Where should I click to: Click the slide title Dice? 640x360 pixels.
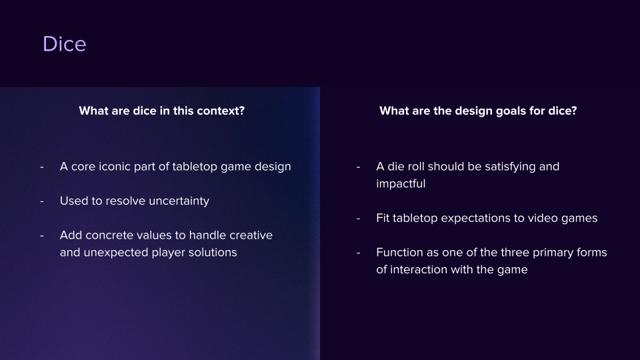(64, 44)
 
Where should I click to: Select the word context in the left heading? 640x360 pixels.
(219, 111)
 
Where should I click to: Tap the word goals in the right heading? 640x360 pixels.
(508, 111)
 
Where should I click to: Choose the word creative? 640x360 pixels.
(250, 235)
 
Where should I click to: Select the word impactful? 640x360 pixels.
(400, 184)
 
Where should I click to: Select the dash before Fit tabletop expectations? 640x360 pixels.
(359, 218)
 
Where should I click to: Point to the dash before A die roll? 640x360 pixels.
(359, 167)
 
